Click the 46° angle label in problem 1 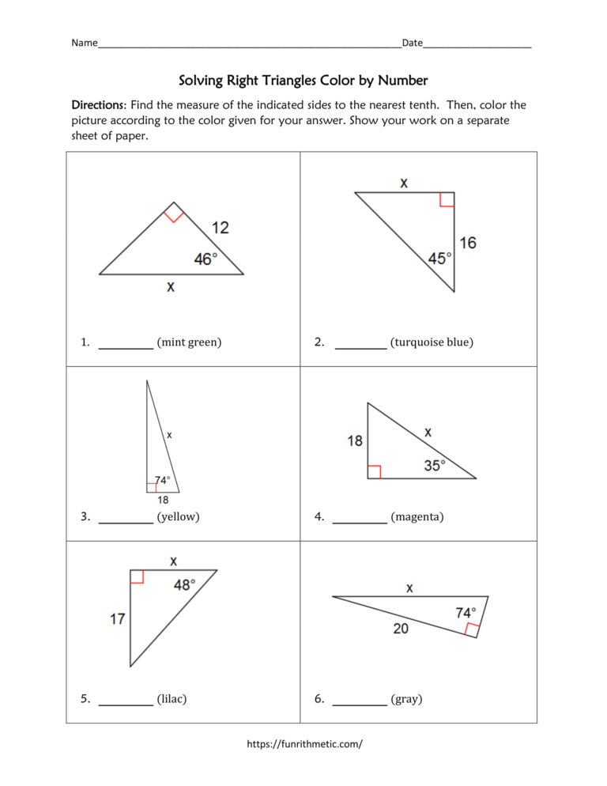(205, 259)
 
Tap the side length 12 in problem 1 (221, 228)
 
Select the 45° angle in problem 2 (439, 259)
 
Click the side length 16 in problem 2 (468, 243)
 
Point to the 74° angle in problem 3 (162, 480)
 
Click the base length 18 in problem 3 (163, 500)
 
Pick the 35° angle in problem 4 (435, 466)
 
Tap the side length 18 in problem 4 (355, 440)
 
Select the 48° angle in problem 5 (184, 584)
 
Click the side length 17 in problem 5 (118, 618)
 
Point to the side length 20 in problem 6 (402, 629)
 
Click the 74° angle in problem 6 (466, 613)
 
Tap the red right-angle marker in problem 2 (447, 198)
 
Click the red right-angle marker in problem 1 (175, 212)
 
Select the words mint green (189, 342)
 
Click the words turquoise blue (432, 342)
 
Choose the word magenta (417, 517)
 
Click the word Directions (99, 105)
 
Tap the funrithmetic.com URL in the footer (304, 743)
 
